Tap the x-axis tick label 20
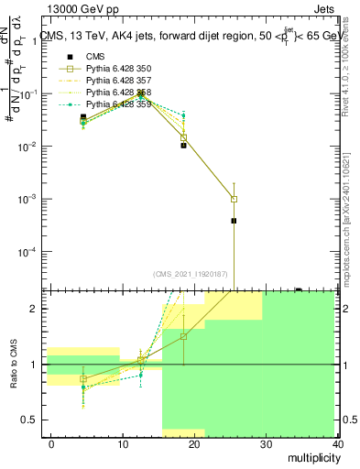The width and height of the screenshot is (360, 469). pyautogui.click(x=194, y=443)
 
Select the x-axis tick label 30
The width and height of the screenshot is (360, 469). pyautogui.click(x=267, y=443)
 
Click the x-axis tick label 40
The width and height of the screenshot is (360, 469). pyautogui.click(x=338, y=443)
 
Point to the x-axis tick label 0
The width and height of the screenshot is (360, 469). pyautogui.click(x=51, y=443)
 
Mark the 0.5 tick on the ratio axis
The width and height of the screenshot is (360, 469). pyautogui.click(x=29, y=420)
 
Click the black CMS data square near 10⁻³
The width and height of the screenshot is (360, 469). pyautogui.click(x=235, y=221)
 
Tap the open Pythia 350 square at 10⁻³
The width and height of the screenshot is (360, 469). pyautogui.click(x=235, y=199)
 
